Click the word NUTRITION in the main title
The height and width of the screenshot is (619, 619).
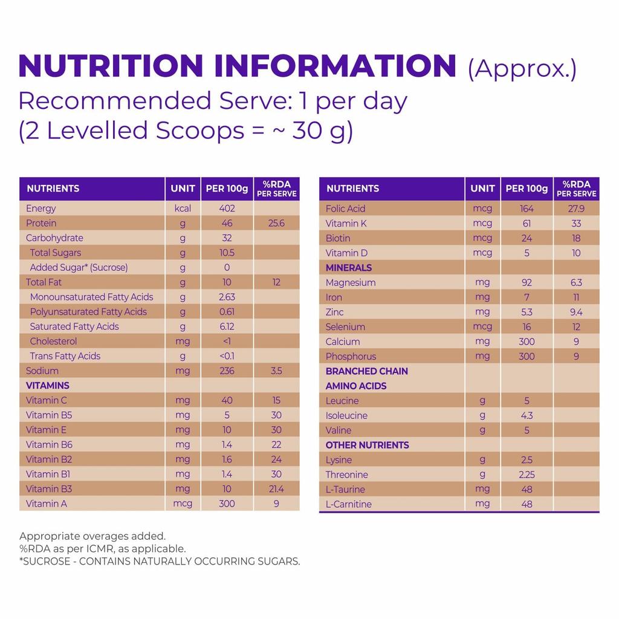(111, 66)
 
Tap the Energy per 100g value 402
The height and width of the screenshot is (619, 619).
(227, 209)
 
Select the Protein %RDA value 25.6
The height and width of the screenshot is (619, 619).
(276, 223)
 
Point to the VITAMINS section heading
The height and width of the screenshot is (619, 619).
(48, 386)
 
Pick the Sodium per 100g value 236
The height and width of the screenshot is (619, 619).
(227, 371)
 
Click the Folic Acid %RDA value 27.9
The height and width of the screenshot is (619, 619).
(576, 209)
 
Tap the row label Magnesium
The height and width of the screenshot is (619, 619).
(351, 282)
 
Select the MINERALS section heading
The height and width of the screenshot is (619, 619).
(349, 268)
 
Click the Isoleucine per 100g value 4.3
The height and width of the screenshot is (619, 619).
(527, 415)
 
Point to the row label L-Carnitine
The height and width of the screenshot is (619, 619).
(349, 504)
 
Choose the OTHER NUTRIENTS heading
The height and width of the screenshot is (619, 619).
(368, 445)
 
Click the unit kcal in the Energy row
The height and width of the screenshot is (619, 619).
(183, 209)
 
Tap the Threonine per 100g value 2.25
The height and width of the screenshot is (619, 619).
(527, 475)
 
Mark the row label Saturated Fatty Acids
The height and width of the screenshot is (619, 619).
(74, 326)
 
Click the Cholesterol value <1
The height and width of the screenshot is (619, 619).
(227, 341)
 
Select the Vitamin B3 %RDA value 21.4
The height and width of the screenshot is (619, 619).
(276, 488)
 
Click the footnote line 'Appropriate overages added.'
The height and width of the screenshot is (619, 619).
(92, 536)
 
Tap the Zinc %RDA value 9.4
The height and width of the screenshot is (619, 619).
(576, 312)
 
